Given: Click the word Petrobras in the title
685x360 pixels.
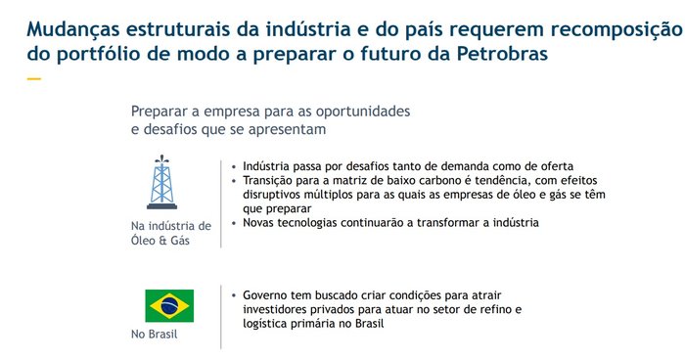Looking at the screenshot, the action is (x=502, y=54).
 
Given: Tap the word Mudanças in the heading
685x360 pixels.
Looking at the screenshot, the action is (x=73, y=29).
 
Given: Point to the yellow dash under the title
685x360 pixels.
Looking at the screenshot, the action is (x=33, y=79).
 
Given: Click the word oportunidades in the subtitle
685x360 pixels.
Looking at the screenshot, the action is (x=363, y=112).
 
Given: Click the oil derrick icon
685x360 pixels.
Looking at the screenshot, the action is (x=162, y=182).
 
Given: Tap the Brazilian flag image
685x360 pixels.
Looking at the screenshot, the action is (x=169, y=306).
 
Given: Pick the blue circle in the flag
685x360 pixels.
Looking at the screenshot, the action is (x=169, y=306).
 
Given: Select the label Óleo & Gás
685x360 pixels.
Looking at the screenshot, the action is (x=160, y=241).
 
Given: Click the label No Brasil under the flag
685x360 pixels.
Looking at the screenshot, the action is (x=155, y=335).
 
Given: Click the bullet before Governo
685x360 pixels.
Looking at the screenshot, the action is (x=234, y=295).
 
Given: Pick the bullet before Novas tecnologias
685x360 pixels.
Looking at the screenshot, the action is (x=234, y=223).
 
